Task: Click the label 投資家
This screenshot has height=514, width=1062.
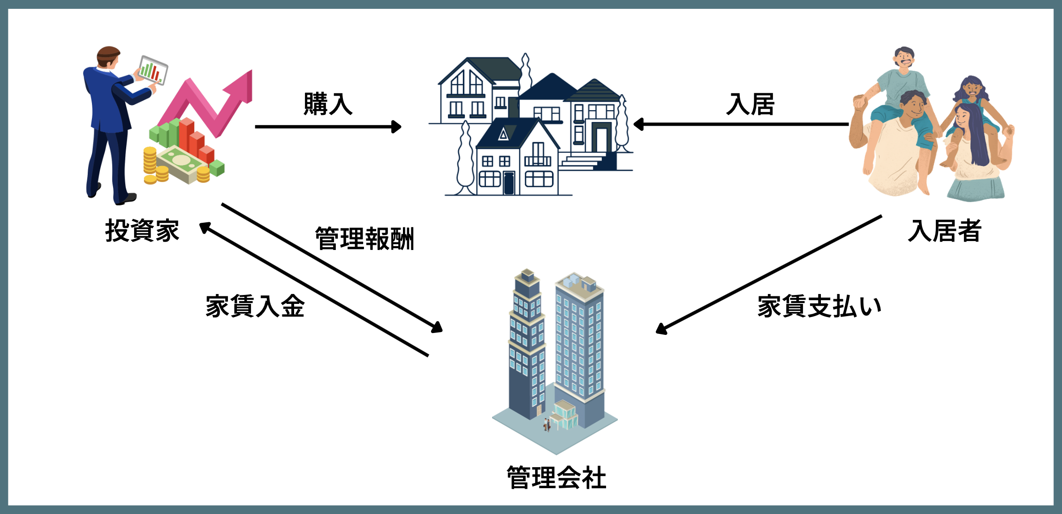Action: coord(142,231)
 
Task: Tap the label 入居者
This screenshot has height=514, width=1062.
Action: coord(944,231)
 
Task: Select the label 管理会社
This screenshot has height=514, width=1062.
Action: coord(556,478)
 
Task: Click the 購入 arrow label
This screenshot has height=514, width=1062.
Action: coord(328,104)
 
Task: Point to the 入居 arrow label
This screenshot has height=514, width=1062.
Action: coord(750,104)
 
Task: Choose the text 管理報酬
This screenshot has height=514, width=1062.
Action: coord(364,239)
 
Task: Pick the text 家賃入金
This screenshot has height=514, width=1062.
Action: coord(255,306)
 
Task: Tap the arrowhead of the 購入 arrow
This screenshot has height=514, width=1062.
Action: coord(397,127)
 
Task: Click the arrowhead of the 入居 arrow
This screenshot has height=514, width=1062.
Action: coord(638,124)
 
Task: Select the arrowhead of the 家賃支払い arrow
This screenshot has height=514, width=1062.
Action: coord(661,329)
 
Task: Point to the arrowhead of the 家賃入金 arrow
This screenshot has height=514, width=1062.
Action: coord(205,227)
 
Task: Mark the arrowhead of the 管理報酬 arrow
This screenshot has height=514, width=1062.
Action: coord(437,327)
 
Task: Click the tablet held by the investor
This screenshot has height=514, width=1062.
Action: coord(153,70)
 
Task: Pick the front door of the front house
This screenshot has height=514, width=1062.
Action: coord(509,183)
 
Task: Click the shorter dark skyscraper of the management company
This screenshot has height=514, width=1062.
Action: coord(526,347)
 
